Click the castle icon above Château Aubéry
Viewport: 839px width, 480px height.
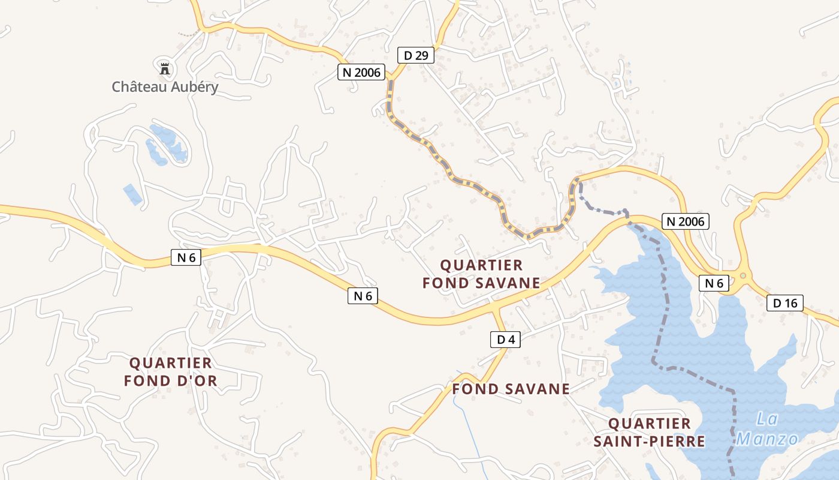tap(164, 68)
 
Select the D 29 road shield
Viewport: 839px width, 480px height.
tap(415, 56)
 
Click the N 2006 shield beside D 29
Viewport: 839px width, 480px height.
tap(361, 72)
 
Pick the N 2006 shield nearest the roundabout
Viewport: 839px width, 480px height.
tap(686, 221)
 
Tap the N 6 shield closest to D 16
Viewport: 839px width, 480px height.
tap(713, 283)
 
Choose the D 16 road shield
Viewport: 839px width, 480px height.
tap(784, 303)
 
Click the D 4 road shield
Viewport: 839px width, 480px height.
tap(505, 340)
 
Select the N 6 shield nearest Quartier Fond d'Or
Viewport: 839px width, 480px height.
tap(186, 257)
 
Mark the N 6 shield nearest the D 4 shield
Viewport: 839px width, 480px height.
tap(363, 295)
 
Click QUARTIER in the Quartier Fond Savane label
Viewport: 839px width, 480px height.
tap(481, 265)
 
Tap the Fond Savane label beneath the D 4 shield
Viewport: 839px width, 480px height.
tap(511, 389)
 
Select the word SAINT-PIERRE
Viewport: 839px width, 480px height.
tap(649, 442)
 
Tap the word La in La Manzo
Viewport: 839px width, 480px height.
tap(766, 418)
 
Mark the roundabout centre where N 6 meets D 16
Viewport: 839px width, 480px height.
tap(743, 276)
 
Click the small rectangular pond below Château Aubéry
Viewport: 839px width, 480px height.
tap(132, 194)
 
